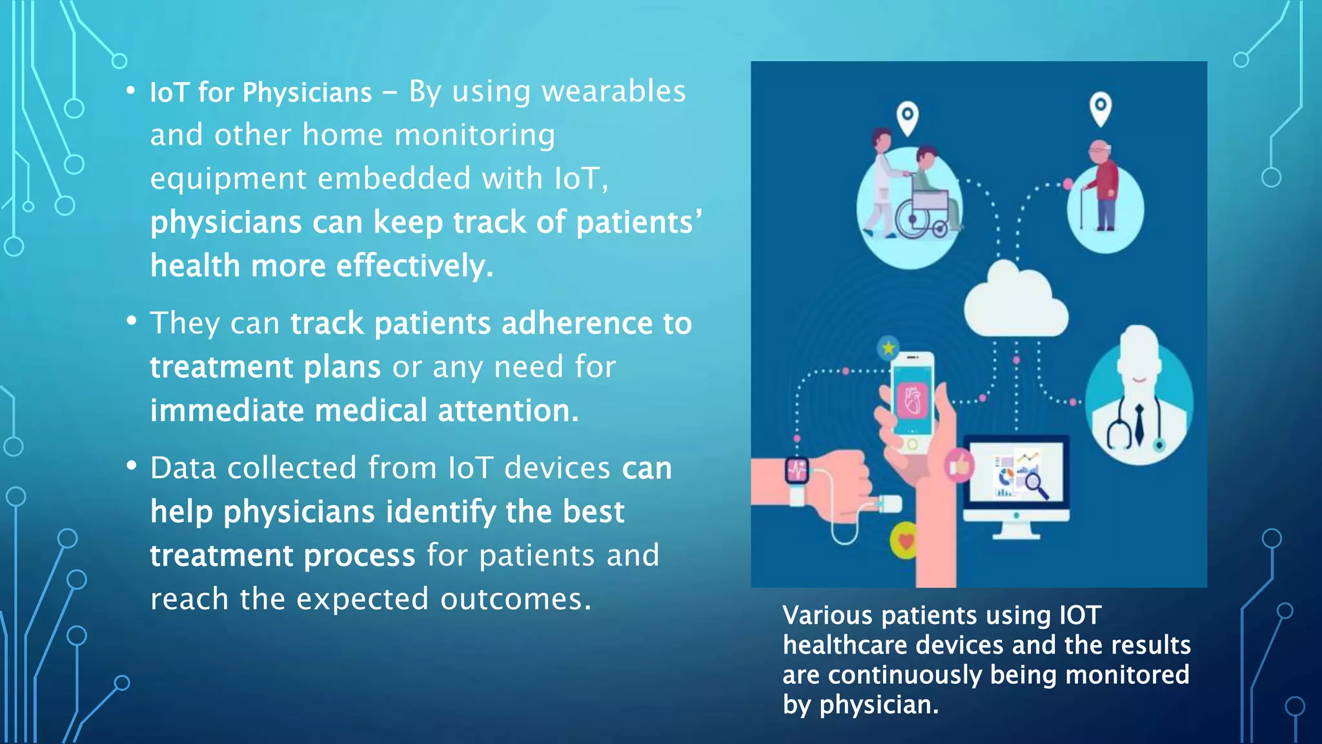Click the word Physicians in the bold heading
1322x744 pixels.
tap(307, 93)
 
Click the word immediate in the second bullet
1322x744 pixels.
tap(227, 411)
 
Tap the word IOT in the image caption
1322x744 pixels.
tap(1080, 615)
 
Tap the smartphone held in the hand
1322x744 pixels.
tap(912, 400)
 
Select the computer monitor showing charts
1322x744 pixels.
tap(1016, 478)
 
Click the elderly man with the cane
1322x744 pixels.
tap(1104, 187)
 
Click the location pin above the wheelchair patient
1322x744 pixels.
tap(908, 118)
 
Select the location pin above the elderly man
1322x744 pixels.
tap(1101, 107)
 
